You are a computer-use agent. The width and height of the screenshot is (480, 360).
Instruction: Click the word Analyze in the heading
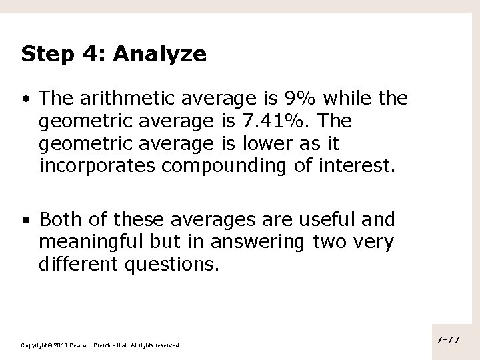tap(161, 54)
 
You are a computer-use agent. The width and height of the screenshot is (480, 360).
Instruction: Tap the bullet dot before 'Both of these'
tap(25, 220)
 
